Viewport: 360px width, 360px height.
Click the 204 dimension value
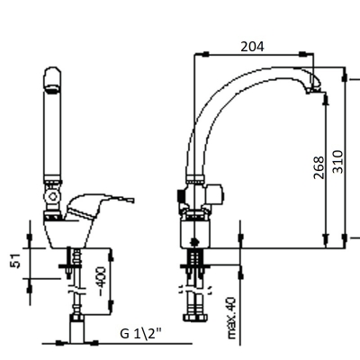coord(253,47)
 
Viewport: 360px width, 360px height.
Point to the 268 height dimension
coord(319,167)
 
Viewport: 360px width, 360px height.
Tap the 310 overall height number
coord(337,162)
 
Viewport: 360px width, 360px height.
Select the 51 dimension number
coord(15,260)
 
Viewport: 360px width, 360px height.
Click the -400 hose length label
coord(102,281)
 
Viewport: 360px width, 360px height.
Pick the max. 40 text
coord(231,319)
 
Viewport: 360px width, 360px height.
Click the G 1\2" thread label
coord(140,333)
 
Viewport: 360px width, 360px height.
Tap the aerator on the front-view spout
coord(52,89)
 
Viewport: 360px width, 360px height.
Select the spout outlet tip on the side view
coord(312,89)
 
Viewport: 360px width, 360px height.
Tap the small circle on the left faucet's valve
coord(53,197)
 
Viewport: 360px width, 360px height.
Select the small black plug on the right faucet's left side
coord(180,195)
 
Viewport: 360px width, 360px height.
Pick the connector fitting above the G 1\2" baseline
coord(76,328)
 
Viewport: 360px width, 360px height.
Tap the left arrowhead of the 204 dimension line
coord(205,54)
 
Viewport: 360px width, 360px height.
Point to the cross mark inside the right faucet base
coord(195,241)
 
